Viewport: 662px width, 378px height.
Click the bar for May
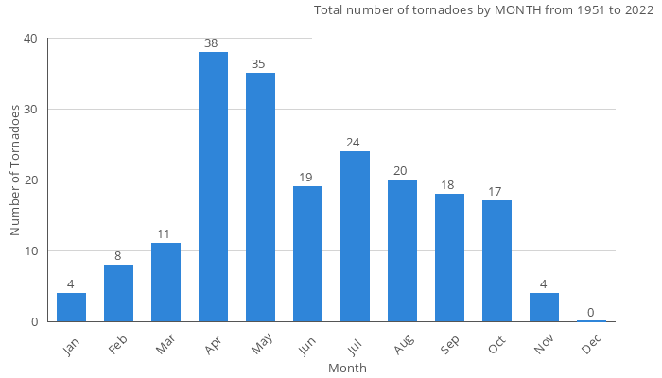click(x=260, y=198)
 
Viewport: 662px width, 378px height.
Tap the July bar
click(x=355, y=236)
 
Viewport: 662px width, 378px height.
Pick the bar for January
click(x=71, y=307)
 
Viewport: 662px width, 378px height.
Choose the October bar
click(x=496, y=261)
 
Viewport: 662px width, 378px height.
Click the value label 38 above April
click(x=213, y=43)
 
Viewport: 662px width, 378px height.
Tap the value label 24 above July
click(x=355, y=143)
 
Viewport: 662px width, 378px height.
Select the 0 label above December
click(x=591, y=313)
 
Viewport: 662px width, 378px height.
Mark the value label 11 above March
click(x=165, y=234)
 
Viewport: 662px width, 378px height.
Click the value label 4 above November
click(x=544, y=284)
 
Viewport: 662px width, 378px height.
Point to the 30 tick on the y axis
click(x=31, y=110)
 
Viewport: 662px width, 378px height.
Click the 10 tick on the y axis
click(x=31, y=251)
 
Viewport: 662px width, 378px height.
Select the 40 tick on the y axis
click(x=31, y=39)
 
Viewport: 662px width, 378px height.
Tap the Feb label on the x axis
click(x=118, y=346)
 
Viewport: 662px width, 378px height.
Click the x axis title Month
click(x=347, y=368)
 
